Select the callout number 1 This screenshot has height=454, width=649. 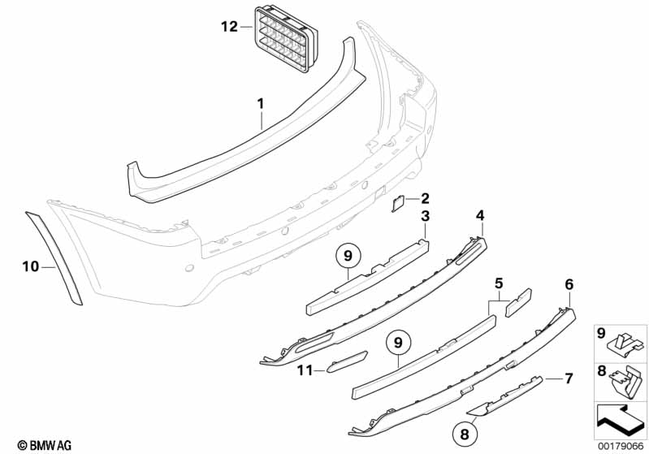pos(261,103)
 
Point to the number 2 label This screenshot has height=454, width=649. pos(424,198)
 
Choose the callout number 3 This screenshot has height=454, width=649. pos(425,215)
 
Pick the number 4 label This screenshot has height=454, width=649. pos(480,215)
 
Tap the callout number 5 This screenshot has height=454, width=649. pos(499,283)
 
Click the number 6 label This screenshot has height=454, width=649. pos(569,284)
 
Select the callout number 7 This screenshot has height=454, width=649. pos(569,378)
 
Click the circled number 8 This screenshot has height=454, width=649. pos(464,435)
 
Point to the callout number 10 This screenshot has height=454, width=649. pos(31,266)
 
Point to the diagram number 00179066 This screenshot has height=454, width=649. pos(620,446)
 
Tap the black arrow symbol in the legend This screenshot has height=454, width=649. pos(619,419)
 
